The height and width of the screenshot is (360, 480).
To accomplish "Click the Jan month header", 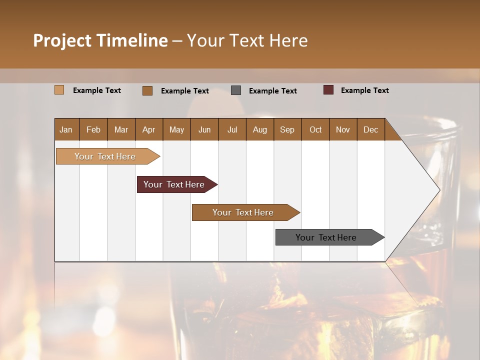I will tap(66, 129).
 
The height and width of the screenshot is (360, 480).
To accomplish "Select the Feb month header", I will tap(93, 129).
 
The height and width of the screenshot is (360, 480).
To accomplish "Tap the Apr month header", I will tap(148, 129).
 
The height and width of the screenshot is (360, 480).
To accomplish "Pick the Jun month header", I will tap(204, 129).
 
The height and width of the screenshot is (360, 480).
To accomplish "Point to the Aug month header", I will tap(259, 129).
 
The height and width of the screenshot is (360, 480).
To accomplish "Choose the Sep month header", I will tap(287, 129).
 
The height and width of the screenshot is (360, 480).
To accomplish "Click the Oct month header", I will tap(315, 129).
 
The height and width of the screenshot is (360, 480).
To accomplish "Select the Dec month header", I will tap(370, 129).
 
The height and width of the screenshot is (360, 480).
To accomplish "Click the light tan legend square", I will tap(59, 90).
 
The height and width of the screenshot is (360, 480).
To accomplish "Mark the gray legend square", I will tap(236, 90).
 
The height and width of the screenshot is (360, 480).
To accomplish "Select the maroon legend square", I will tap(328, 90).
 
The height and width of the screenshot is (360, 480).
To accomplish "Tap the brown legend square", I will tap(147, 90).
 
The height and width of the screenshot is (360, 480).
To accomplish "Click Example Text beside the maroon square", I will tap(364, 90).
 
